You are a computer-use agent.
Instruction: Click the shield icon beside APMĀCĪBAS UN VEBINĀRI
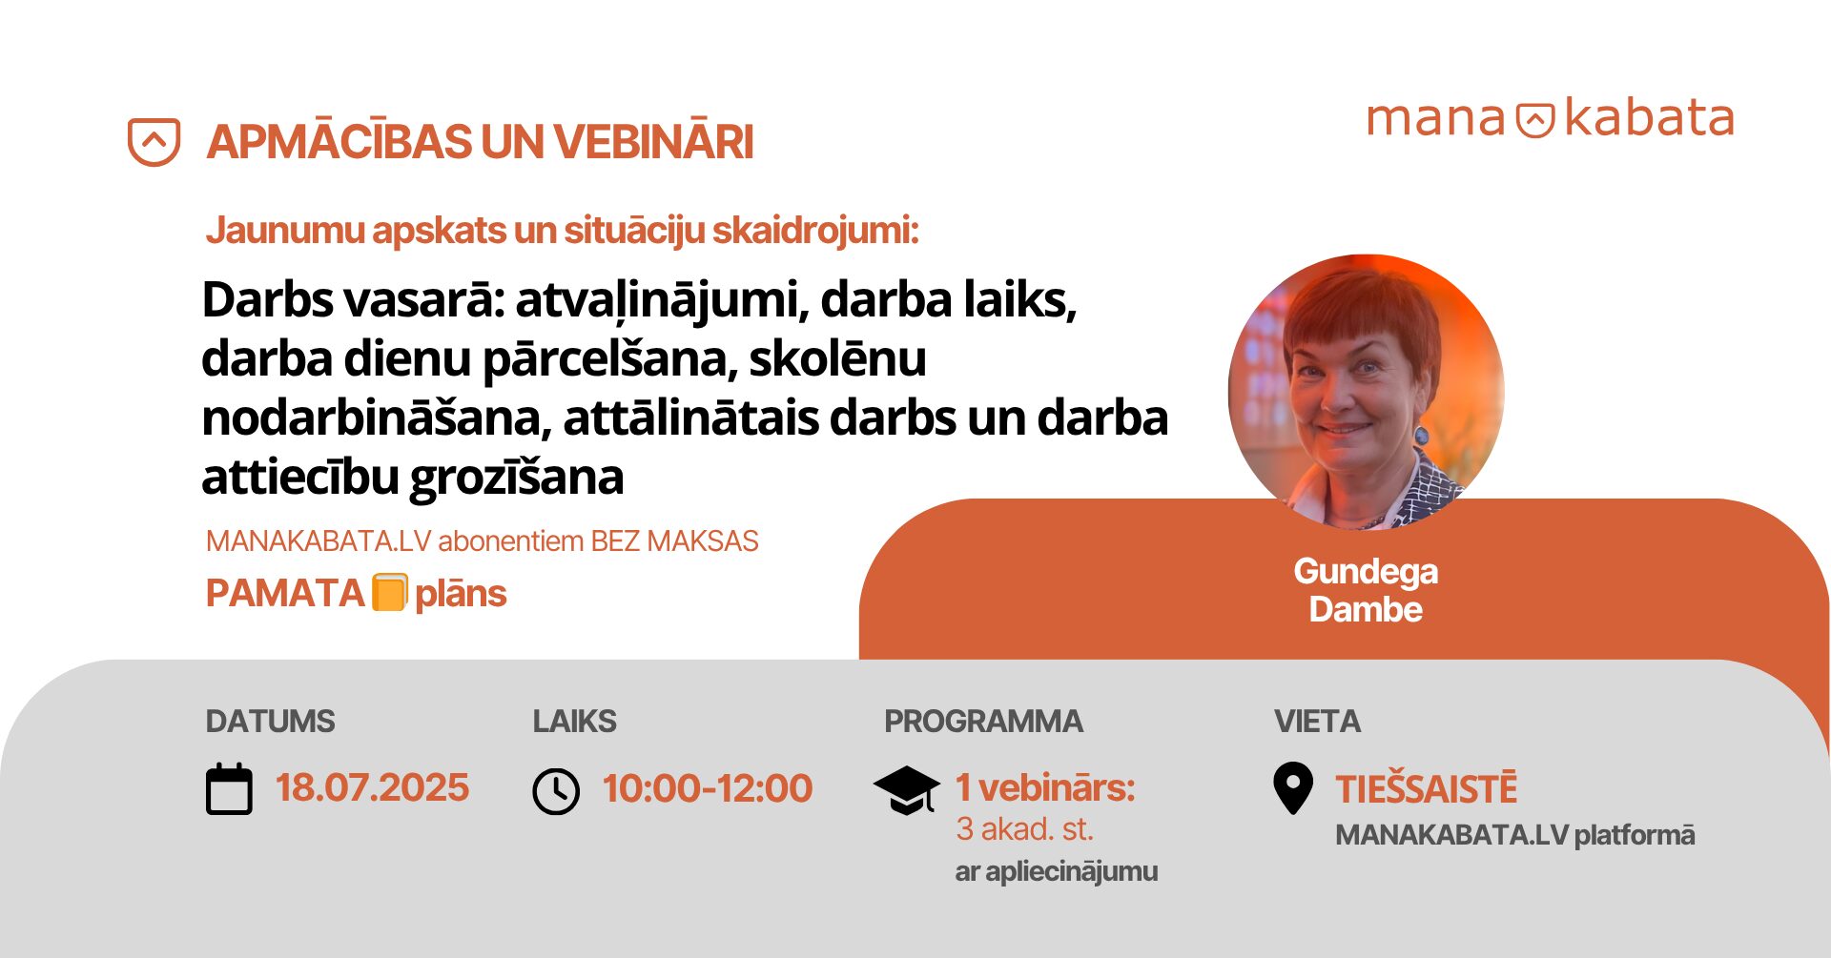pyautogui.click(x=154, y=142)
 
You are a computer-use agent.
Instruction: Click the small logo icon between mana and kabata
pyautogui.click(x=1535, y=120)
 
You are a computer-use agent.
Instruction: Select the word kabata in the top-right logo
pyautogui.click(x=1649, y=118)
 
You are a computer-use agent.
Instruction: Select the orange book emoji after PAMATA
pyautogui.click(x=389, y=592)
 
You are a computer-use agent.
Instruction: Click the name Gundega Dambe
pyautogui.click(x=1366, y=590)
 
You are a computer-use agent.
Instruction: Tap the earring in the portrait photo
pyautogui.click(x=1422, y=435)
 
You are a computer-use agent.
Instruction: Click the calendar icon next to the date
pyautogui.click(x=229, y=789)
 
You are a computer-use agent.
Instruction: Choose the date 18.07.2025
pyautogui.click(x=372, y=788)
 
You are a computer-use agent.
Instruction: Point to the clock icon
pyautogui.click(x=556, y=791)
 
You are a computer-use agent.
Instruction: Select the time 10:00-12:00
pyautogui.click(x=707, y=788)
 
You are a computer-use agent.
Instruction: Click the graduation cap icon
pyautogui.click(x=906, y=790)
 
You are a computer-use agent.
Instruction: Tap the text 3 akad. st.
pyautogui.click(x=1024, y=829)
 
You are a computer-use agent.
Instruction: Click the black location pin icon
pyautogui.click(x=1293, y=788)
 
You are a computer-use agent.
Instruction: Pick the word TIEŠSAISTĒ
pyautogui.click(x=1426, y=788)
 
